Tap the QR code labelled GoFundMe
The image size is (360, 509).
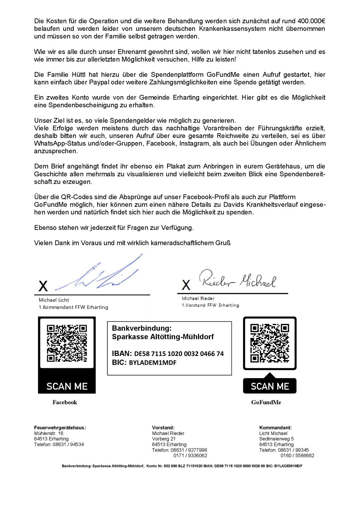coord(270,343)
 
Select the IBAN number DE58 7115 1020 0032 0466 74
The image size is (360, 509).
coord(179,354)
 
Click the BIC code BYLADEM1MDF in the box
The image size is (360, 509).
coord(153,363)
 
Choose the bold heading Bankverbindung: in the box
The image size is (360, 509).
coord(142,328)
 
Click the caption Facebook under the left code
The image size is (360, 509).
coord(65,402)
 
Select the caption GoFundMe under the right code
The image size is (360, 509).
coord(266,402)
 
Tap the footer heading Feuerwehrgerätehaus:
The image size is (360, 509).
coord(60,428)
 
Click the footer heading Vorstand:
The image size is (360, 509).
coord(163,428)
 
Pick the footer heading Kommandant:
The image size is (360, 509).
coord(275,428)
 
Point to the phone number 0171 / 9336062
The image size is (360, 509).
coord(190,456)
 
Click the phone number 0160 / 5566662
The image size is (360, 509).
coord(297,456)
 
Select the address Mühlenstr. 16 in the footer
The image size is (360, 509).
coord(49,433)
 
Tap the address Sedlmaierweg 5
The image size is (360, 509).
coord(276,439)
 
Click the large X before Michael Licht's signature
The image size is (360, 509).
coord(43,286)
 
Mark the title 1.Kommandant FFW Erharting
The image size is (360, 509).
coord(73,307)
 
